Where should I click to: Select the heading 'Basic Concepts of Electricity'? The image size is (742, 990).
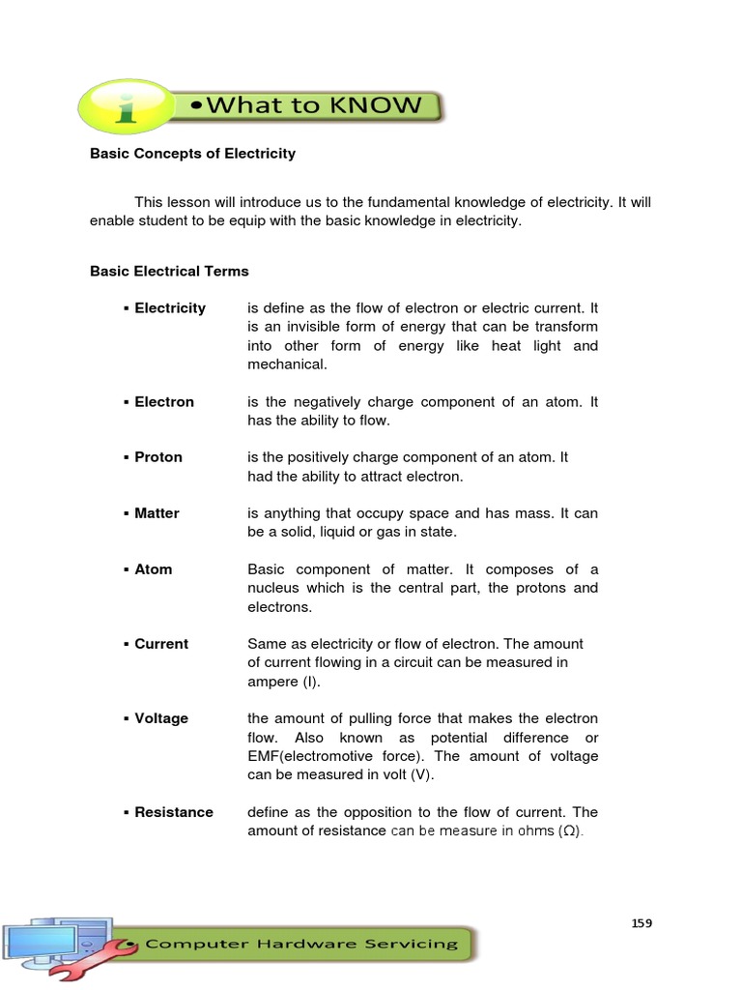coord(192,153)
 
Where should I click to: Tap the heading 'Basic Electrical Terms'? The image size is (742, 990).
coord(169,272)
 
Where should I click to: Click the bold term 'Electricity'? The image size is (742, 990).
coord(170,308)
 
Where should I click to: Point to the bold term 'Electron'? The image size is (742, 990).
coord(164,402)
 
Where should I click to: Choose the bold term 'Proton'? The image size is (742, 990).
coord(158,457)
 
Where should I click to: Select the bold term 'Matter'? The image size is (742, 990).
coord(157,513)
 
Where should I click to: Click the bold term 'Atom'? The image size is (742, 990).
coord(154,569)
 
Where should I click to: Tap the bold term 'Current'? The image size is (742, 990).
coord(161,644)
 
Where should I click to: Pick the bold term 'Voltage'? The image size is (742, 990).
coord(161,718)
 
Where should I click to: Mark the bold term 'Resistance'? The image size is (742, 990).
coord(174,812)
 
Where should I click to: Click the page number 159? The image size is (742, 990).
coord(642,923)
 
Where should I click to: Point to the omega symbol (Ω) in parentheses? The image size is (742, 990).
coord(569,831)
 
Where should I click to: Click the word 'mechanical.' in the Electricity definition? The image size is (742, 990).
coord(288,364)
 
